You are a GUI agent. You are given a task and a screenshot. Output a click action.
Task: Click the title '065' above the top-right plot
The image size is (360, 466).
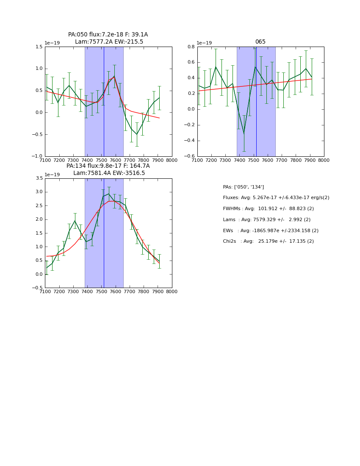(260, 42)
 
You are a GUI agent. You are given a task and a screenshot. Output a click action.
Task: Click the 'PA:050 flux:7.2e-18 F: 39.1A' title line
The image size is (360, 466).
(108, 35)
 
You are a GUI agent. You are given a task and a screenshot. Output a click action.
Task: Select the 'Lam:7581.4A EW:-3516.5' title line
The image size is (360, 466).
(109, 173)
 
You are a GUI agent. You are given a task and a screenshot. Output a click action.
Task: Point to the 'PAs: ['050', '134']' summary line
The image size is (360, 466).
(243, 187)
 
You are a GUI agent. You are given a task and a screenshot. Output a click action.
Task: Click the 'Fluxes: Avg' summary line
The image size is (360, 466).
(276, 198)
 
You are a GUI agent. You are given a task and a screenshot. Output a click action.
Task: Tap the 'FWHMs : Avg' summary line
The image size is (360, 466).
(268, 209)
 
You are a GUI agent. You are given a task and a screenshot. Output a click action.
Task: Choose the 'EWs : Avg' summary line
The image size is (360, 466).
(271, 231)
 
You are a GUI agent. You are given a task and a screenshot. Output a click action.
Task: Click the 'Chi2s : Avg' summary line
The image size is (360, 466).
(268, 241)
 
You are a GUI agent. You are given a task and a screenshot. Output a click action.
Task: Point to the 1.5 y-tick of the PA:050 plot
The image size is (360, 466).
(39, 47)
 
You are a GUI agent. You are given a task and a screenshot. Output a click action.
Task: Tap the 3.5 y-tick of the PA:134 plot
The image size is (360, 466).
(39, 178)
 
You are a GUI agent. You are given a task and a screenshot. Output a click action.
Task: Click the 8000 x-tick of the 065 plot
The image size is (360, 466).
(324, 160)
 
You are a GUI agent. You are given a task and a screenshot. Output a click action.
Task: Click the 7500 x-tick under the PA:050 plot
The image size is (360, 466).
(101, 160)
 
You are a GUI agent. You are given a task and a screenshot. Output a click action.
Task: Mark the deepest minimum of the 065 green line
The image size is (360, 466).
(244, 134)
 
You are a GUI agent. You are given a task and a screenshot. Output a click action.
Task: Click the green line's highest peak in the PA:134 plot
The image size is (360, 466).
(108, 194)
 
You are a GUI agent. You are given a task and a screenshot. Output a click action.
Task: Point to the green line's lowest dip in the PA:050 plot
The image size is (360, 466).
(136, 135)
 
